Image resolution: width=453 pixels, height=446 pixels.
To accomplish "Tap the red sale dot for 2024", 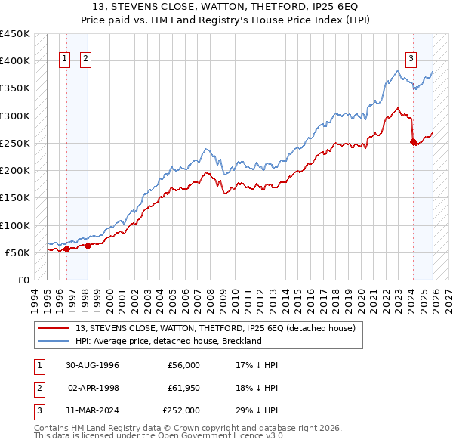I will coord(413,141).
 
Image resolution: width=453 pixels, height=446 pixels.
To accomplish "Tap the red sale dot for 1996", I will coord(66,249).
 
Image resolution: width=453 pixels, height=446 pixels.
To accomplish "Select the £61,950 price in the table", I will coord(181,388).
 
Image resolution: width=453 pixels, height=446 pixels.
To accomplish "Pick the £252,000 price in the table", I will coord(181,410).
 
